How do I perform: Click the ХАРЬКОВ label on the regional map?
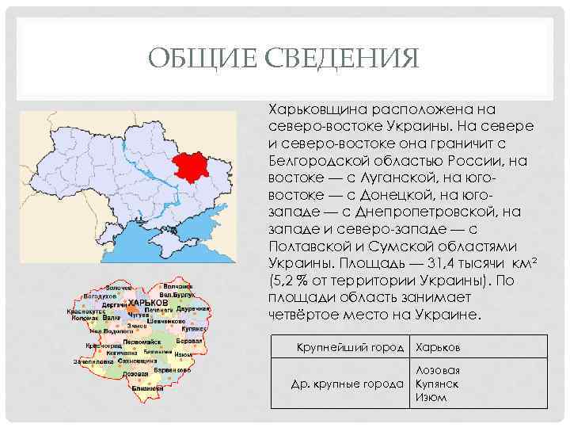pos(147,304)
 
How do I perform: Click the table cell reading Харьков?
pos(438,347)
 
